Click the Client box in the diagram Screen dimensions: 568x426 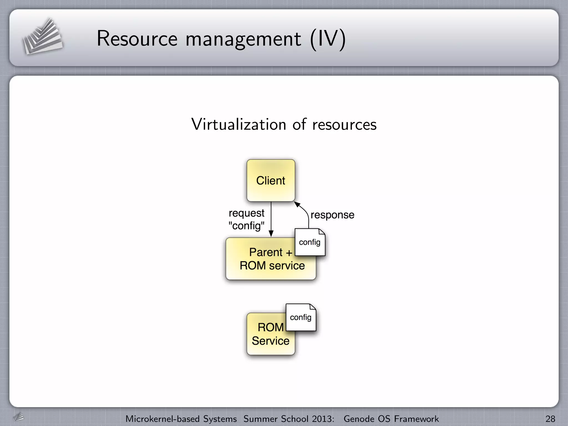click(271, 181)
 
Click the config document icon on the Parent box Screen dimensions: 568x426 click(310, 242)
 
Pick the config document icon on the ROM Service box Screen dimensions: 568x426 click(301, 317)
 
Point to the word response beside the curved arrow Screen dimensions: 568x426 click(332, 215)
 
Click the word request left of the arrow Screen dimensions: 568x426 click(246, 213)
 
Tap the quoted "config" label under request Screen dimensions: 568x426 click(246, 226)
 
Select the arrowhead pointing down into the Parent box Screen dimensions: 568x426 click(271, 234)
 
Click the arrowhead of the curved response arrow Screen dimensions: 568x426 click(297, 205)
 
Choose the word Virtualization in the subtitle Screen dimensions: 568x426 click(239, 124)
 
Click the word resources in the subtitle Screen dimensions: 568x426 click(344, 125)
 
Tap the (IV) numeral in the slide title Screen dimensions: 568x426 click(328, 39)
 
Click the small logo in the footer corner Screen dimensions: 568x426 click(19, 417)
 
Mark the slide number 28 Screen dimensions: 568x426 click(550, 419)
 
